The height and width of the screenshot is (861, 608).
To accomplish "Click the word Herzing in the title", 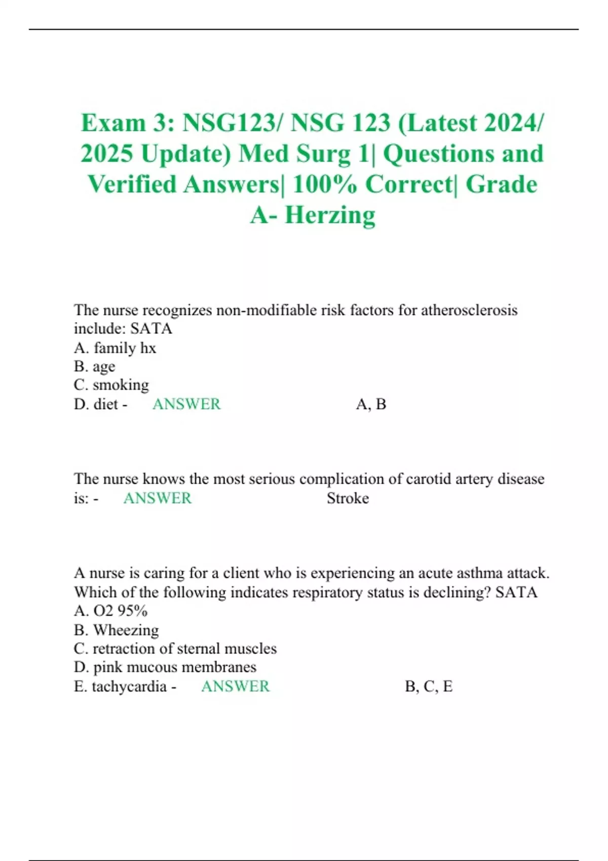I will [x=330, y=215].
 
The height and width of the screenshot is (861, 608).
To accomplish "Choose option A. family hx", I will [x=115, y=348].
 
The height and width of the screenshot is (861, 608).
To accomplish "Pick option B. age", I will [x=95, y=366].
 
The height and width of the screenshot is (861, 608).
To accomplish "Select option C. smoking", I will [x=111, y=385].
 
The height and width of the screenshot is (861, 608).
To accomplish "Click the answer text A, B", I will [x=371, y=404].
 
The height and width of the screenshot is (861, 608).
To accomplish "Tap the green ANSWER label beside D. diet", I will [x=186, y=404].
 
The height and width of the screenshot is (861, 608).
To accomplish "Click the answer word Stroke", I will [x=348, y=498].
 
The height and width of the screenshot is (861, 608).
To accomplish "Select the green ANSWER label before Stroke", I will [x=158, y=498].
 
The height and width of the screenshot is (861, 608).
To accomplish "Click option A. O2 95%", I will [x=110, y=611].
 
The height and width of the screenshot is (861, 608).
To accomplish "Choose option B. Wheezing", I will [x=117, y=630].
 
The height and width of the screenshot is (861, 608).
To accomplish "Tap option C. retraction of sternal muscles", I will [x=175, y=648].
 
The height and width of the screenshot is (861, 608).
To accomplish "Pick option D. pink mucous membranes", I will [x=165, y=667].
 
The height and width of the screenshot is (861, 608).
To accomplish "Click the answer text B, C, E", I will [x=429, y=686].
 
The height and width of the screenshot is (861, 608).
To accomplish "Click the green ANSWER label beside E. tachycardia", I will [x=236, y=686].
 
